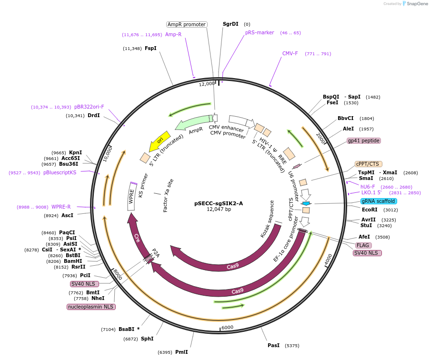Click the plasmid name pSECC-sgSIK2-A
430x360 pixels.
coord(218,203)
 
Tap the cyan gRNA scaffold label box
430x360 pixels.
coord(379,201)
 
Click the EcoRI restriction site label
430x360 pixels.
coord(370,210)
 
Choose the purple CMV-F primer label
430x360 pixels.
coord(290,53)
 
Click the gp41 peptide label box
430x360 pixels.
coord(364,140)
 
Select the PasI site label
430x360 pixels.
coord(273,346)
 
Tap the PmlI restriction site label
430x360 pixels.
coord(181,352)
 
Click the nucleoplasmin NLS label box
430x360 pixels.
coord(91,307)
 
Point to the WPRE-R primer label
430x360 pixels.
coord(61,207)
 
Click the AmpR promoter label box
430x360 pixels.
coord(187,24)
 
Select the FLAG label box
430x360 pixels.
coord(363,245)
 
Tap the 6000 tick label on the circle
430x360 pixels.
coord(227,327)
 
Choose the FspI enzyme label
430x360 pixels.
coord(150,48)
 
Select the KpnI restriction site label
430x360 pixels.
coord(75,152)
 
